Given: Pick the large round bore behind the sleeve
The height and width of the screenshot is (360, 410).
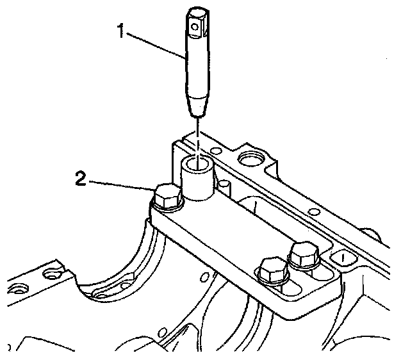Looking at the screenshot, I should [x=250, y=156].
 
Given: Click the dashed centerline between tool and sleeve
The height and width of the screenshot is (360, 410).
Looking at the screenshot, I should [x=199, y=131].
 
